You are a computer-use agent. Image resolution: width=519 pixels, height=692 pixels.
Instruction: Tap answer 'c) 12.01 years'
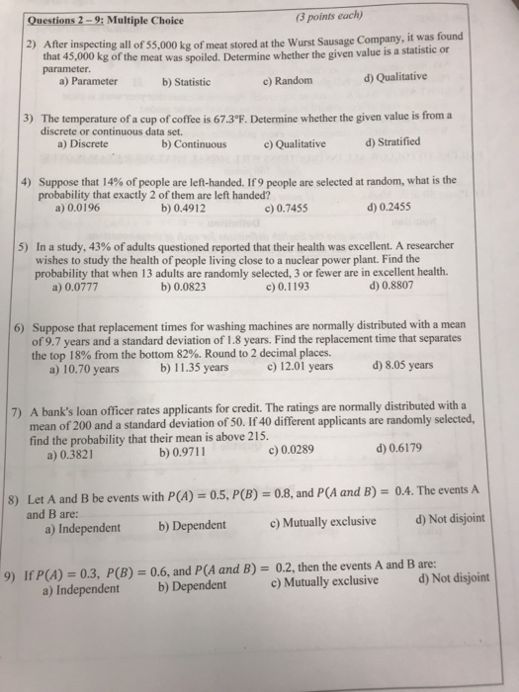[300, 366]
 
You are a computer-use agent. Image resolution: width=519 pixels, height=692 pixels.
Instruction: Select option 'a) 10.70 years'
[84, 368]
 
